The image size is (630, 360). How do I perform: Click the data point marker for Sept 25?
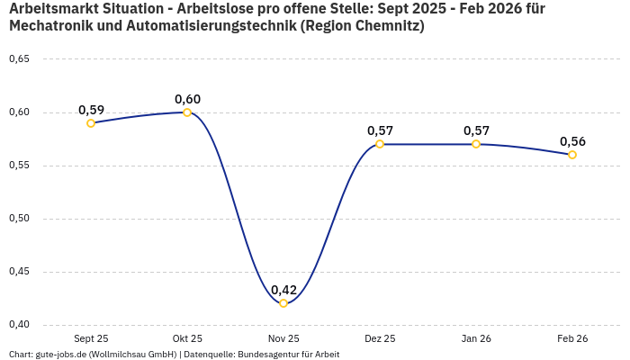coord(91,123)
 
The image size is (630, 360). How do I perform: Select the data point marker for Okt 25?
coord(187,112)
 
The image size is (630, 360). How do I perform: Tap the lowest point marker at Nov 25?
coord(283,303)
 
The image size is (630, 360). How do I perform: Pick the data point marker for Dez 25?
coord(380,144)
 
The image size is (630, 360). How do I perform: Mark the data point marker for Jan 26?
coord(476,144)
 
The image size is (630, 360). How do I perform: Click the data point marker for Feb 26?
coord(572,155)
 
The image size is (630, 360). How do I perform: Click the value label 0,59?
coord(91,110)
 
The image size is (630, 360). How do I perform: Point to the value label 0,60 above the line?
coord(187,99)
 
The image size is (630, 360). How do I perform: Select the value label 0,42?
coord(283,290)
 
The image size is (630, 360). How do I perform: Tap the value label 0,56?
coord(572,141)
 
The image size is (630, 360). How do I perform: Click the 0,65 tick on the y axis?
coord(19,59)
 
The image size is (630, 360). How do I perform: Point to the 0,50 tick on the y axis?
coord(19,219)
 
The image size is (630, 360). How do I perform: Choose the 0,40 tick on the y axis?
coord(19,325)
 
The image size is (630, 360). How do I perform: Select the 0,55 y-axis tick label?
coord(19,166)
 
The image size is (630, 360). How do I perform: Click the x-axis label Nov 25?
coord(283,338)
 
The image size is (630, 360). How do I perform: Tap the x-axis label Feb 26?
coord(572,338)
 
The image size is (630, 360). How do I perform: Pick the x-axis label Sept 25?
coord(91,338)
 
